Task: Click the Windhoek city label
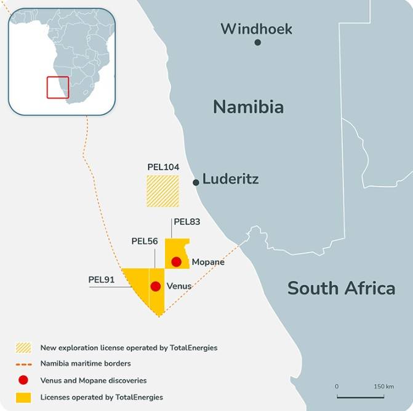pyautogui.click(x=256, y=28)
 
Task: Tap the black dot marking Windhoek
pyautogui.click(x=257, y=42)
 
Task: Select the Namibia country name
pyautogui.click(x=248, y=107)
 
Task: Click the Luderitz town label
pyautogui.click(x=230, y=180)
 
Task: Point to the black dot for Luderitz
pyautogui.click(x=196, y=182)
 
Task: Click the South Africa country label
pyautogui.click(x=341, y=288)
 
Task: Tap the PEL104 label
pyautogui.click(x=162, y=167)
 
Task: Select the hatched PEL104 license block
pyautogui.click(x=162, y=191)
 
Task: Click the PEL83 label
pyautogui.click(x=187, y=222)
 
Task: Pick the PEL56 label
pyautogui.click(x=145, y=241)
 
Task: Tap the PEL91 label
pyautogui.click(x=102, y=279)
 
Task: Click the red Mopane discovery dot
pyautogui.click(x=177, y=262)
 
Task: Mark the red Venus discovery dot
pyautogui.click(x=156, y=286)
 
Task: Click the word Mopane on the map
pyautogui.click(x=208, y=262)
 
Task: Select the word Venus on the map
pyautogui.click(x=179, y=286)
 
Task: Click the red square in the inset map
pyautogui.click(x=57, y=87)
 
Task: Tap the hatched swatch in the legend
pyautogui.click(x=23, y=348)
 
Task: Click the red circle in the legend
pyautogui.click(x=23, y=380)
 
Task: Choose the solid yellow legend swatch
pyautogui.click(x=23, y=397)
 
